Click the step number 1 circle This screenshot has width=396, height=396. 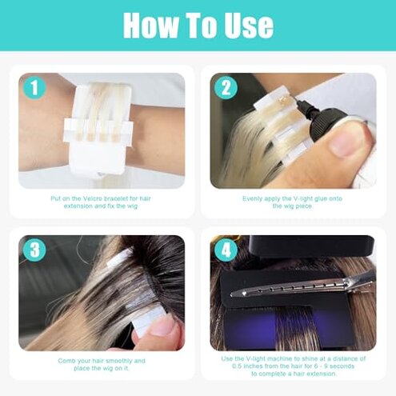(x=31, y=86)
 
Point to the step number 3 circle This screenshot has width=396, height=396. (x=31, y=249)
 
